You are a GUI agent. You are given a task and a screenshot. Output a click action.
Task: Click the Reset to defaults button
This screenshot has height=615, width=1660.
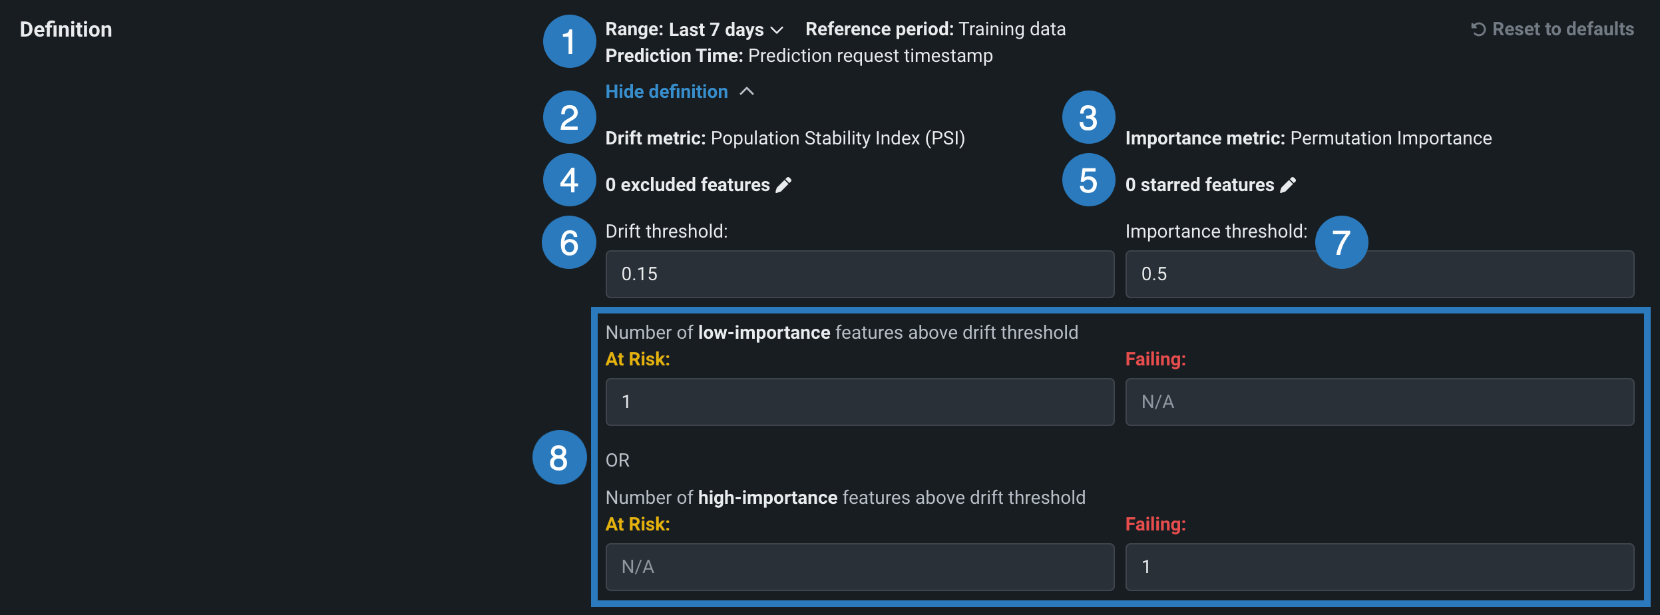click(1552, 29)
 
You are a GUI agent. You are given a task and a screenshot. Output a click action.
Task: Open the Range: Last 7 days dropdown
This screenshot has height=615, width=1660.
click(694, 29)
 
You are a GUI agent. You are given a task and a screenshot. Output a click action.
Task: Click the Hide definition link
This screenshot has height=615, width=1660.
click(680, 92)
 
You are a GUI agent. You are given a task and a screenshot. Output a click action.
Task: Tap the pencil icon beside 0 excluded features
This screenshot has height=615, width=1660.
click(784, 185)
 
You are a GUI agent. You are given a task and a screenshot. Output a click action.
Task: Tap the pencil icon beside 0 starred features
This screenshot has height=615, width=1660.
click(1289, 185)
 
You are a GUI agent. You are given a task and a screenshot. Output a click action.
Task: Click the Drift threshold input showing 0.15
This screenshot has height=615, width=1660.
click(860, 274)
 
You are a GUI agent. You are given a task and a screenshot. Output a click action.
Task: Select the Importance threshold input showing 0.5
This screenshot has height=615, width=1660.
click(1380, 274)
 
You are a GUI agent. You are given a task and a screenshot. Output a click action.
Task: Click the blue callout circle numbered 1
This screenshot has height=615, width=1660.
click(569, 41)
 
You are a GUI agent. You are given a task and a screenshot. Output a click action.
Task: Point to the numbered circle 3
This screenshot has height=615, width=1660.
click(1088, 118)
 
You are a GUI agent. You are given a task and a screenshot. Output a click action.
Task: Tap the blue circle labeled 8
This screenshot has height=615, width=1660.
click(559, 457)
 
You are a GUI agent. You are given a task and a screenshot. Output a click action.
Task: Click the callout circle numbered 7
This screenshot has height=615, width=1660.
click(1341, 242)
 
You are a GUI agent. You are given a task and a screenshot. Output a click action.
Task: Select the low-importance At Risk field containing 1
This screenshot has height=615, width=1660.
click(860, 402)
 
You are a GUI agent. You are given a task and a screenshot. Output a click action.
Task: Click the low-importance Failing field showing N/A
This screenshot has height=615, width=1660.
click(1380, 402)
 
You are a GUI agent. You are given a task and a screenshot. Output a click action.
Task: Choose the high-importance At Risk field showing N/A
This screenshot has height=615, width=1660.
click(860, 567)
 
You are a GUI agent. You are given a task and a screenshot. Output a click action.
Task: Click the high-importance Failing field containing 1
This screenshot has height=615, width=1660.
click(1380, 567)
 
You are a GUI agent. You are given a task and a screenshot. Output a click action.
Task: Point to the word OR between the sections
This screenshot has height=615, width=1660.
click(618, 461)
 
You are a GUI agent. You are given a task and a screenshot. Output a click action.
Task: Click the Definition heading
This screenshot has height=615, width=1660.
click(66, 29)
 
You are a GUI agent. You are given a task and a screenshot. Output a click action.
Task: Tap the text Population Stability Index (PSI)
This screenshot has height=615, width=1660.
click(838, 138)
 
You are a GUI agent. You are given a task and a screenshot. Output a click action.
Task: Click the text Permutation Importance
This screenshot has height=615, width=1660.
click(1391, 138)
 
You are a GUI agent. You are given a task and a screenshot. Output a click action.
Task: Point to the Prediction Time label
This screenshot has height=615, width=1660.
click(674, 56)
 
